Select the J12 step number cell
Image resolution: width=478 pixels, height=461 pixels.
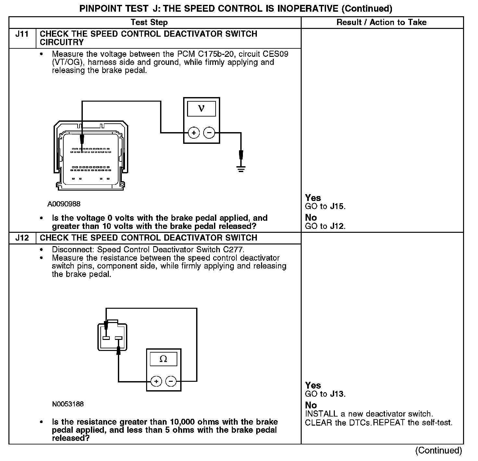pos(22,238)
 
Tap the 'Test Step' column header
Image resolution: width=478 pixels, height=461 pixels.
pos(149,22)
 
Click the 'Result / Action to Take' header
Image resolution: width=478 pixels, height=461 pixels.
pos(382,22)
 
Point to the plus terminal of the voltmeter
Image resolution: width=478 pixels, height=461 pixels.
pos(194,133)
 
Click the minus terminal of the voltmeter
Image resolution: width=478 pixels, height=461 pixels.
pos(209,133)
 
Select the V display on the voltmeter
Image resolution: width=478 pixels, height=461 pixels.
pos(201,109)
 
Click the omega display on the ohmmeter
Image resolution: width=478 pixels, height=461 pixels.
pos(163,359)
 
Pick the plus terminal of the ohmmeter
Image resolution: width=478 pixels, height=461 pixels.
pos(156,381)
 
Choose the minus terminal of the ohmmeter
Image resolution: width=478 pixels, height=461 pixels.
pos(171,381)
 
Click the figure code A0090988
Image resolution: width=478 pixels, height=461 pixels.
pos(64,204)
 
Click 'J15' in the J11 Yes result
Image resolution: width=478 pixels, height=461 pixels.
pos(337,206)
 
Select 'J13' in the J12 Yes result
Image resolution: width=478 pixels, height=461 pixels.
pos(337,394)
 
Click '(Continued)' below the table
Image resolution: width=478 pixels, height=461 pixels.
pos(438,450)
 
